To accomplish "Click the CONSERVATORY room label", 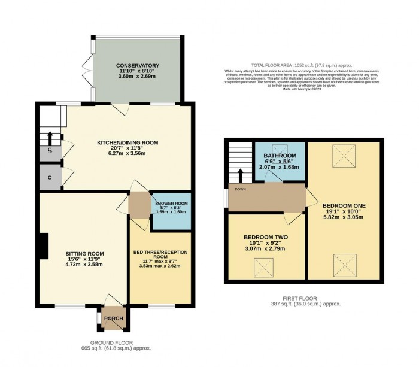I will click(x=138, y=65).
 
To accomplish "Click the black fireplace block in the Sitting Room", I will click(x=43, y=245).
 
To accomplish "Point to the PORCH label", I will click(x=113, y=319).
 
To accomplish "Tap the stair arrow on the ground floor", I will click(x=50, y=137).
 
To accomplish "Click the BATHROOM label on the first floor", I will click(x=280, y=156).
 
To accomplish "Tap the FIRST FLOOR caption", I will click(x=301, y=298).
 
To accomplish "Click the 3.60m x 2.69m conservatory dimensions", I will click(x=138, y=77).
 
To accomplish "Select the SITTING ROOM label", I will click(x=84, y=254).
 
